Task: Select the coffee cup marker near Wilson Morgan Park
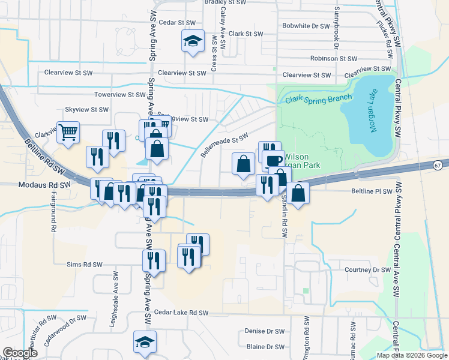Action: tap(274, 160)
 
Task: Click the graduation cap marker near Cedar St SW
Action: tap(193, 41)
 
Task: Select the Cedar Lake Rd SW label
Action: tap(181, 313)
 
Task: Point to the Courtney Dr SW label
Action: tap(367, 270)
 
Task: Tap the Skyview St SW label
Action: tap(86, 110)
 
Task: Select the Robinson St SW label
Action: tap(333, 59)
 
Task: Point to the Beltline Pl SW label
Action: tap(371, 191)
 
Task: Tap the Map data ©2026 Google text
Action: tap(412, 355)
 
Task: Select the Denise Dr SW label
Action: tap(265, 331)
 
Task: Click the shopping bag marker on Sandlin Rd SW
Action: tap(298, 193)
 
